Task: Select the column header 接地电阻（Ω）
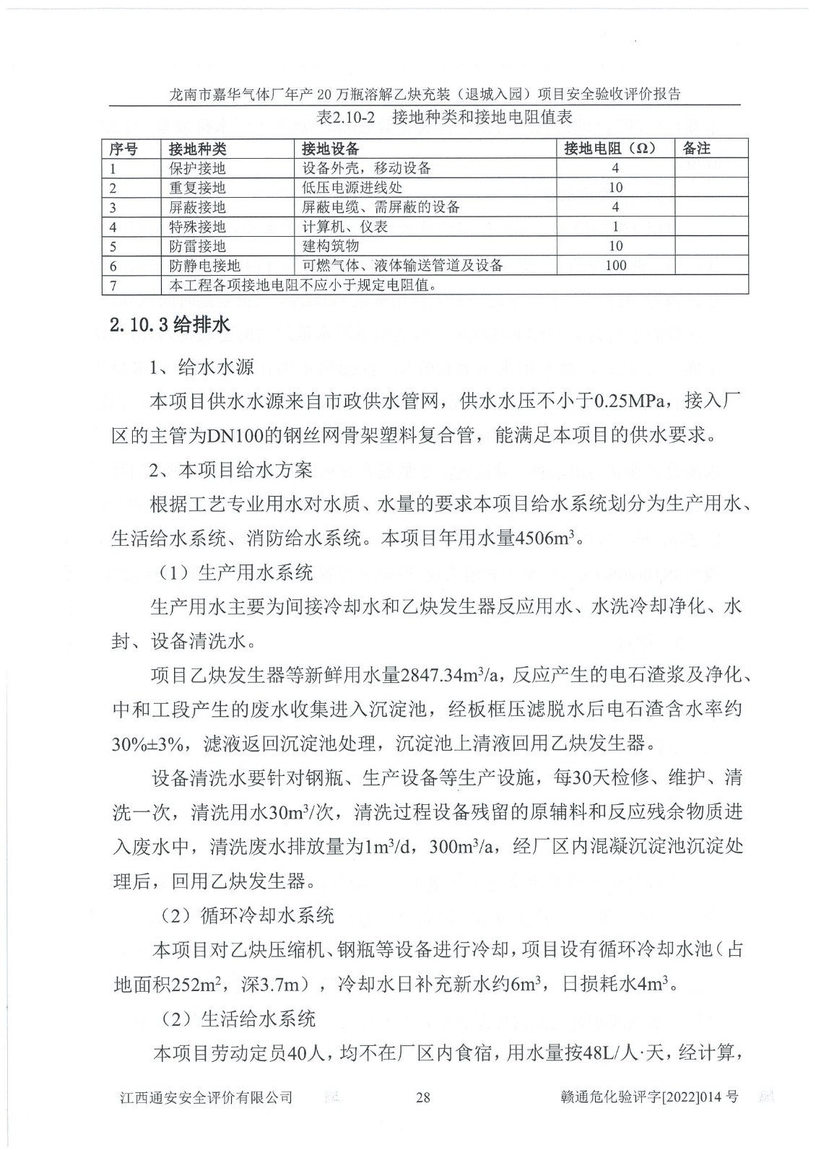609,149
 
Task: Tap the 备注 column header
696,149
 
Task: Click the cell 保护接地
197,168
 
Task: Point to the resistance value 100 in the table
615,266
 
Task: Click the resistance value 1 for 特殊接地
615,227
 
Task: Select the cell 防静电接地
204,266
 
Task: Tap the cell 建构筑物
330,246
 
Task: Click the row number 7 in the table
113,285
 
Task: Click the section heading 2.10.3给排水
170,326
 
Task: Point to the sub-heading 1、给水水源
201,367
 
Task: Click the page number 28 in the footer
423,1097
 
